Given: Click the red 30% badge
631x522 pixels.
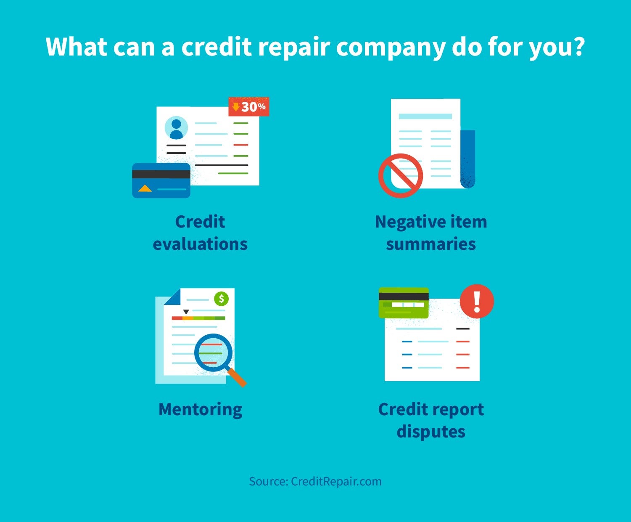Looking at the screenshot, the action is [249, 106].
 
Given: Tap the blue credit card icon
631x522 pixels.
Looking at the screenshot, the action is [161, 180].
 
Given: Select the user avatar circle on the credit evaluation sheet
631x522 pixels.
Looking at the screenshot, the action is [176, 127].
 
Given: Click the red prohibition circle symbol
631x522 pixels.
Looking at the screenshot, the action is [401, 176].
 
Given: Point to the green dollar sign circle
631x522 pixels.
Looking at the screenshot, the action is [221, 299].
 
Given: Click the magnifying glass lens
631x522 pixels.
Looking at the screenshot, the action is [214, 352].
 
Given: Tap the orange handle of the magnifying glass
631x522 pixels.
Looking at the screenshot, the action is [237, 377].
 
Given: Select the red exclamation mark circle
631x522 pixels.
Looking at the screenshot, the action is [477, 301].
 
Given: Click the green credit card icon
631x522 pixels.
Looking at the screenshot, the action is [404, 303].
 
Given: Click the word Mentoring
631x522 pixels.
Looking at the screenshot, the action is [201, 410].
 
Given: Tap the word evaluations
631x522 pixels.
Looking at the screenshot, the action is [200, 244].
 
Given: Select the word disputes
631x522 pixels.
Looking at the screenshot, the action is [431, 432].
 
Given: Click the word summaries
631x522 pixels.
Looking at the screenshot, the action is [431, 244].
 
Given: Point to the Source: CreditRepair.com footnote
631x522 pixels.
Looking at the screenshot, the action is [315, 482].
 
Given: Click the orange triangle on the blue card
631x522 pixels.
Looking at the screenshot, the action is [145, 188].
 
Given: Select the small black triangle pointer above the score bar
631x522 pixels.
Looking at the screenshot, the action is [186, 312].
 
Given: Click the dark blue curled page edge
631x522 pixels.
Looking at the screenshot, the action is [468, 159].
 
